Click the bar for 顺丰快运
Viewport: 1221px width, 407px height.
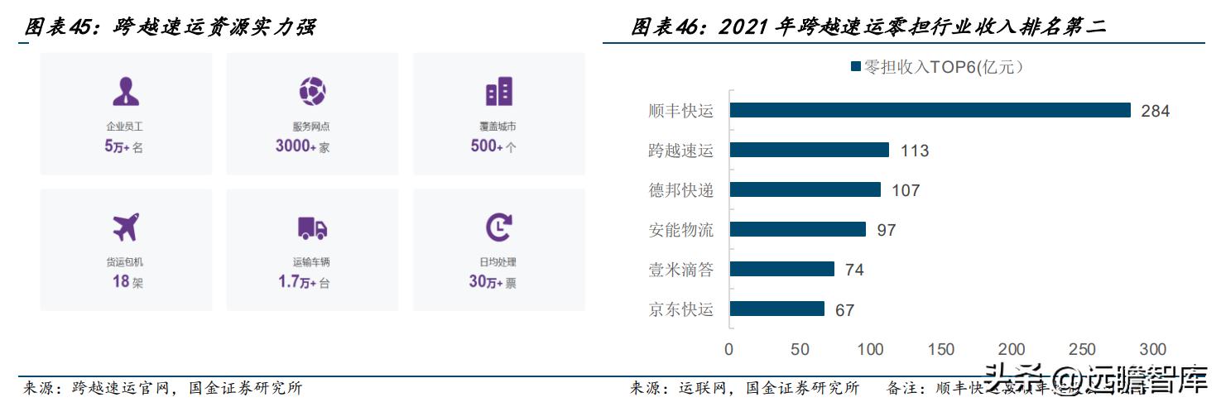930,110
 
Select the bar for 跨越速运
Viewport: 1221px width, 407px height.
809,150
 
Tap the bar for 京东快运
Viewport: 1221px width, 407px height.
776,309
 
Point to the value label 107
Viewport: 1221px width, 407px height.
906,190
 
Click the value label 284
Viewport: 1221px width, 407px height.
1155,111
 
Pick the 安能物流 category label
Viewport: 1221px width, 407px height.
680,229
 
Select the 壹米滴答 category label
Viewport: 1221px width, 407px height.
680,269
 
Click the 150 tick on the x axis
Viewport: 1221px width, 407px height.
941,349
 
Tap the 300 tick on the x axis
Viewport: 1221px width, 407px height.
1153,349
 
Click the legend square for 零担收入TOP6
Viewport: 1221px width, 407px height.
856,67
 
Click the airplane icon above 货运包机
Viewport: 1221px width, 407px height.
126,227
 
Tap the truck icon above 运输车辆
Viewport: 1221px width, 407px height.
312,227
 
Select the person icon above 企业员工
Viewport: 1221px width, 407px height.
126,90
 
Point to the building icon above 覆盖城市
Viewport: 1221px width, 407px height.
498,91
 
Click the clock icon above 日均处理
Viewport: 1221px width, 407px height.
498,227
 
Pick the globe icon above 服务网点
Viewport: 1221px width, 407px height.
312,90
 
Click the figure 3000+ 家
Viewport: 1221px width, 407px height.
303,146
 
